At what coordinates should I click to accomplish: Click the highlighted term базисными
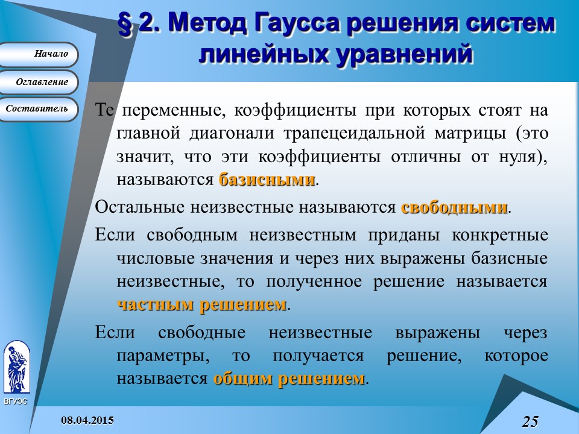pyautogui.click(x=267, y=180)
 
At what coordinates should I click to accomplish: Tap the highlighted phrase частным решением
pyautogui.click(x=201, y=305)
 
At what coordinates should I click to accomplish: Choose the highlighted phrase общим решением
pyautogui.click(x=289, y=379)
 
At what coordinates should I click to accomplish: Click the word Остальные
pyautogui.click(x=141, y=208)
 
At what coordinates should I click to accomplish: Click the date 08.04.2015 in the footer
pyautogui.click(x=89, y=420)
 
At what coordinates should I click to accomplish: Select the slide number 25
pyautogui.click(x=530, y=421)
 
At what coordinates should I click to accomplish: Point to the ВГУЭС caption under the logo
pyautogui.click(x=15, y=401)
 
